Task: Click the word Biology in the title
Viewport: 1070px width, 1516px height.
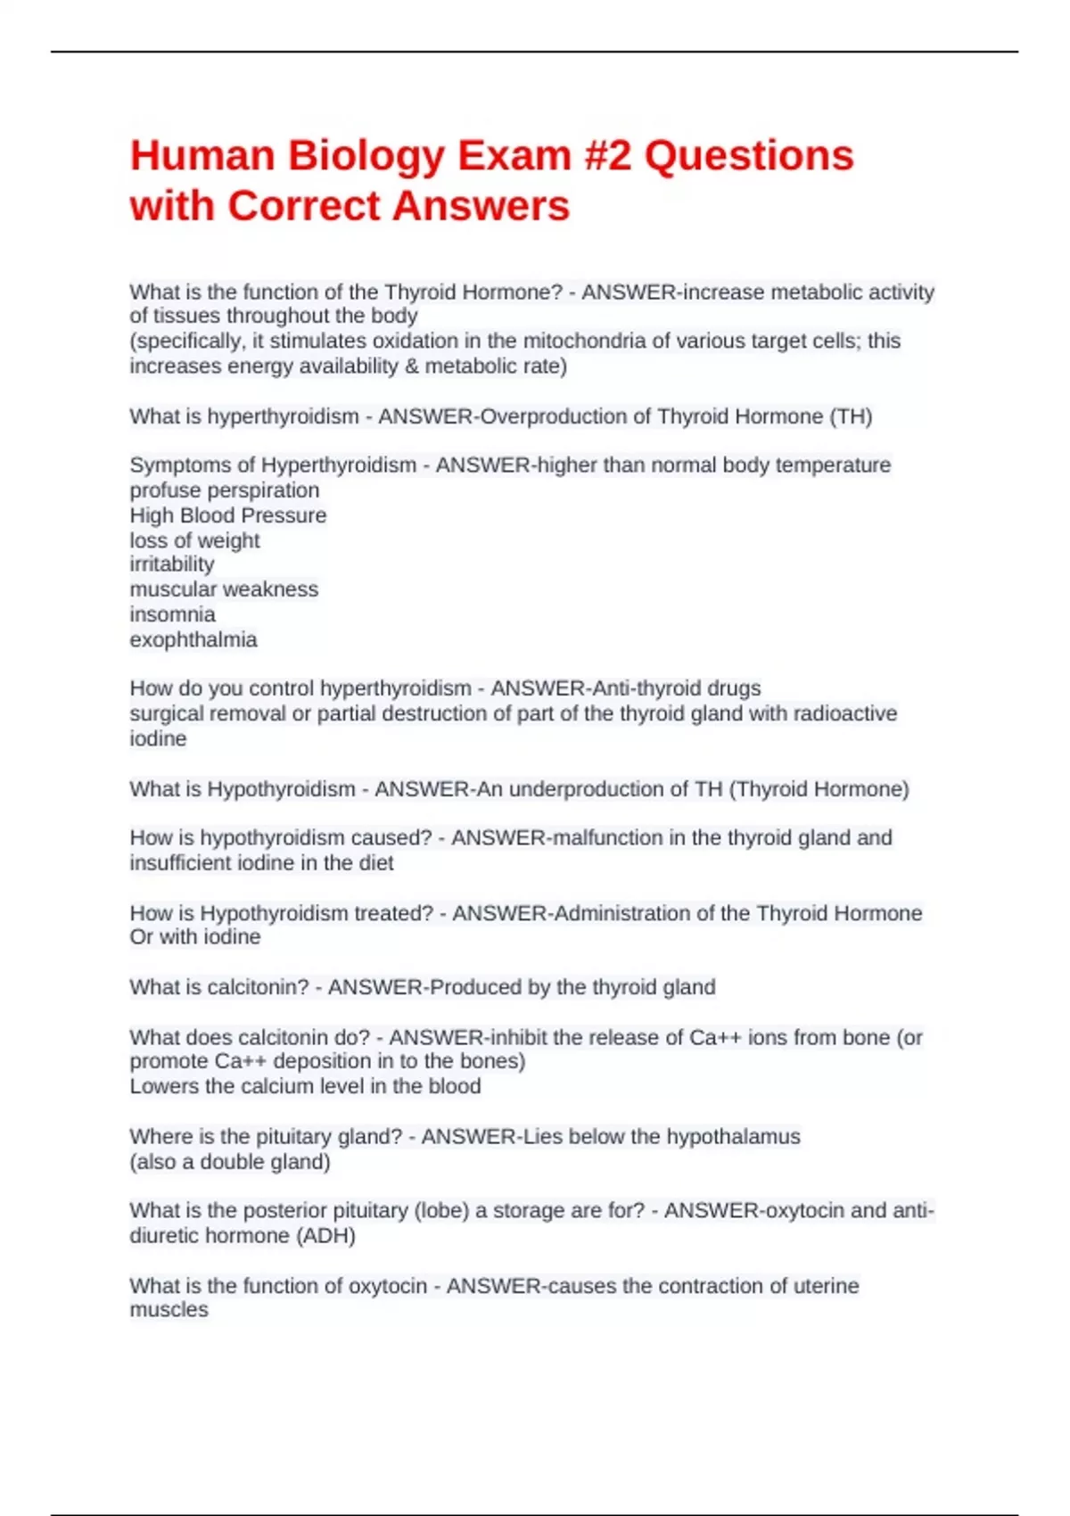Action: [x=366, y=156]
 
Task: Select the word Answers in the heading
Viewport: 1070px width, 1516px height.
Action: [x=481, y=206]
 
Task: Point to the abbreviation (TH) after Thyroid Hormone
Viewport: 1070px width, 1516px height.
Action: [x=851, y=416]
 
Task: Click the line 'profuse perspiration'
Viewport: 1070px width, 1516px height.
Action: [x=224, y=490]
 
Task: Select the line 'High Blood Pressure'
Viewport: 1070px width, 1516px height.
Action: [x=227, y=515]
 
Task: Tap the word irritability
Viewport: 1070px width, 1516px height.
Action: [x=172, y=564]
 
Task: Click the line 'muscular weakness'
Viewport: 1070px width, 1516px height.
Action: [x=224, y=589]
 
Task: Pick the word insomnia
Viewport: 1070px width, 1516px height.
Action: [x=172, y=614]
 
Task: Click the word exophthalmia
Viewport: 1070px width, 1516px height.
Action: [x=193, y=639]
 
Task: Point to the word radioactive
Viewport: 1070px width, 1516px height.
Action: [x=845, y=713]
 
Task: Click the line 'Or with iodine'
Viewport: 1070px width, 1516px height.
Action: [x=195, y=937]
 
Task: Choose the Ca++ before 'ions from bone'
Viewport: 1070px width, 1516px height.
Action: [x=715, y=1038]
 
